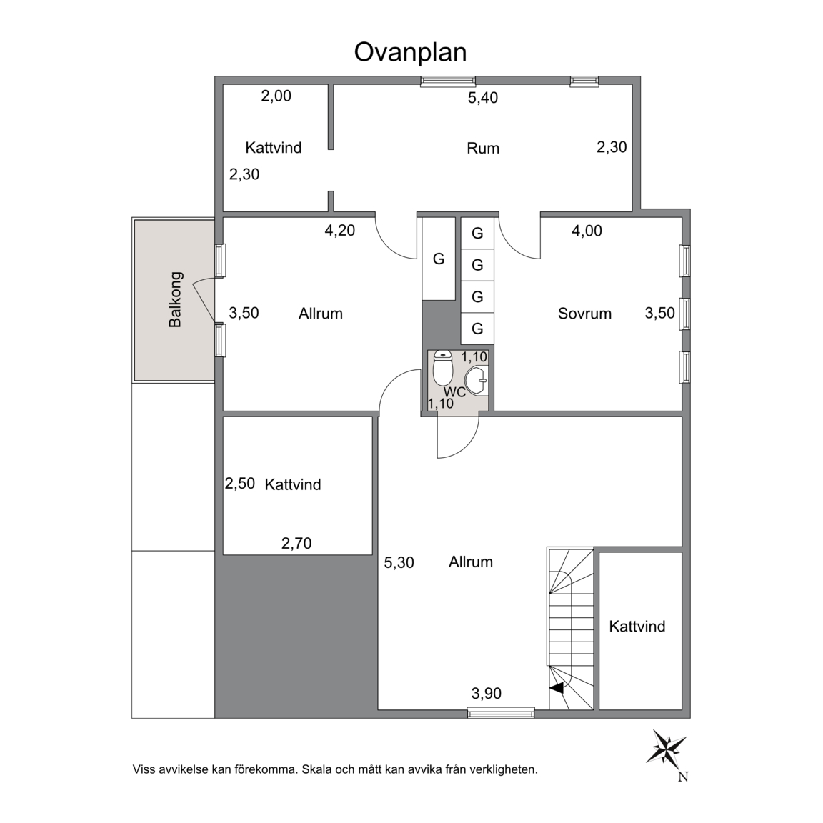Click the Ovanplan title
pos(411,52)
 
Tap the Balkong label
pos(175,300)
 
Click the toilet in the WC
pos(443,369)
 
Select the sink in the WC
pos(477,381)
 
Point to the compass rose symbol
pos(666,747)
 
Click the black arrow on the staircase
pos(557,688)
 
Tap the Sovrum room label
pos(584,314)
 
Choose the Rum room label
pos(483,148)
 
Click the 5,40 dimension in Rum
pos(483,98)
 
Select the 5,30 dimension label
pos(399,563)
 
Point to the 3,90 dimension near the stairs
pos(486,694)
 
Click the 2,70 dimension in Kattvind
pos(296,543)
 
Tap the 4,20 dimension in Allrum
pos(339,231)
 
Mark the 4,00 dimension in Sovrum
pos(587,231)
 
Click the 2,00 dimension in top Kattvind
pos(276,96)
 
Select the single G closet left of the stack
pos(438,259)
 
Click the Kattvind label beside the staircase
pos(637,626)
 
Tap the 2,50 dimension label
pos(240,483)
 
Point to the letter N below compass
pos(682,777)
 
